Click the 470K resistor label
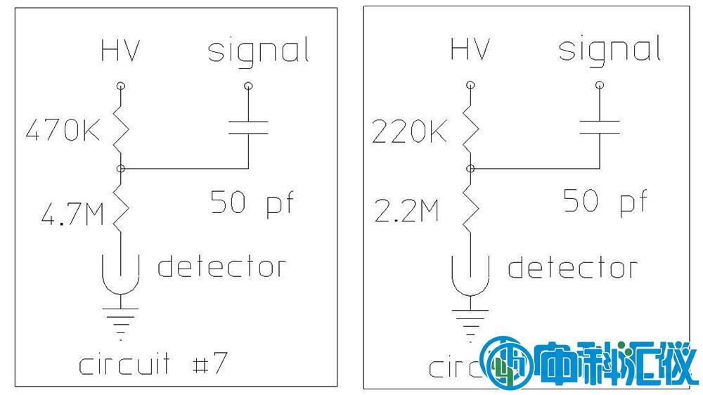point(63,131)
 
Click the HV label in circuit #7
point(120,51)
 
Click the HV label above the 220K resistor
point(469,49)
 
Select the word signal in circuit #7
point(258,52)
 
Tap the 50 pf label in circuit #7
point(251,203)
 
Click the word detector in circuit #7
point(221,267)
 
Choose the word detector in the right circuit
point(572,268)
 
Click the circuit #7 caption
point(153,365)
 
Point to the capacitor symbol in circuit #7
point(248,127)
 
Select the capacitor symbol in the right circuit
point(599,127)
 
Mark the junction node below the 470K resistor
point(121,169)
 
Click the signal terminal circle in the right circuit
point(599,86)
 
